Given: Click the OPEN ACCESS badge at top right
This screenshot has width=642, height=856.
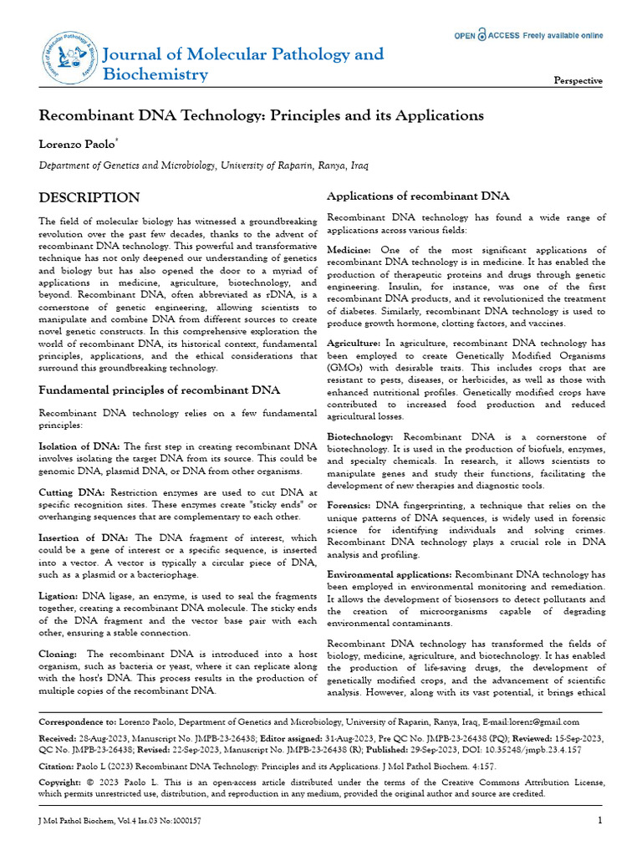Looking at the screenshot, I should (527, 36).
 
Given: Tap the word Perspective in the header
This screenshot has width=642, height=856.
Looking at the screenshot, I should (578, 81).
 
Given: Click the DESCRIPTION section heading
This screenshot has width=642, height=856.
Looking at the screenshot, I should (89, 198).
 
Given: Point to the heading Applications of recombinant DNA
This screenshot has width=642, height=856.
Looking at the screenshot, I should (417, 196).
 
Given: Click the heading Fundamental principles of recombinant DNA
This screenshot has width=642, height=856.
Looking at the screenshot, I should (160, 390).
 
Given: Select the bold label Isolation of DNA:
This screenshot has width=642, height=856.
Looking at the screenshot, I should (79, 446).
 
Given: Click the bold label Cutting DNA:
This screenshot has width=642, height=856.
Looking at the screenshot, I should (73, 493).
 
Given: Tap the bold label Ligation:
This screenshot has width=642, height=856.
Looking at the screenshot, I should (59, 596).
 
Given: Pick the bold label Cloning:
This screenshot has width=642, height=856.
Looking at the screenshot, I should (59, 654).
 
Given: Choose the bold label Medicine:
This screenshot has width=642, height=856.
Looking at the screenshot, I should (350, 251).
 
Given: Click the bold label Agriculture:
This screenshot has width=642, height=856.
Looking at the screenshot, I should (354, 343).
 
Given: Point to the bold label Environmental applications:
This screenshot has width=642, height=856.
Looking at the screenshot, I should (389, 575).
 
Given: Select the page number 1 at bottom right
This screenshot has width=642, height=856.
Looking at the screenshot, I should (600, 820).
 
